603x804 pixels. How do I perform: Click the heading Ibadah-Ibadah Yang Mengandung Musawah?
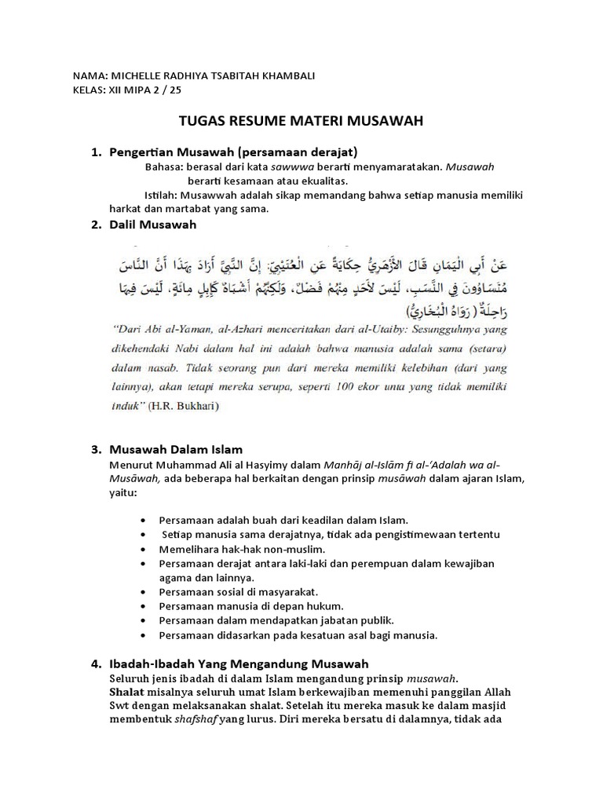click(239, 663)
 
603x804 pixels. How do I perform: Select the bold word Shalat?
click(126, 692)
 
